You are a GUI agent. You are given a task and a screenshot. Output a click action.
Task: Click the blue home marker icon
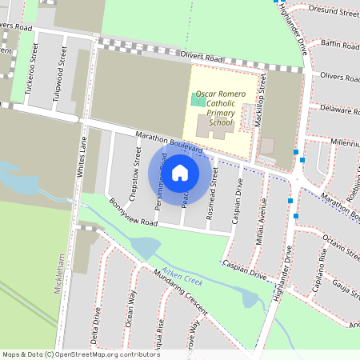pyautogui.click(x=180, y=172)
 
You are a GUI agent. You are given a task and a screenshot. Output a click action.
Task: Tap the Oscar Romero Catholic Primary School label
pyautogui.click(x=215, y=109)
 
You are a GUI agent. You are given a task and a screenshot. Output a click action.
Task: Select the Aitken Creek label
pyautogui.click(x=182, y=276)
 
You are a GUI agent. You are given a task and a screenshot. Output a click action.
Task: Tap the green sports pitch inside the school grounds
pyautogui.click(x=198, y=99)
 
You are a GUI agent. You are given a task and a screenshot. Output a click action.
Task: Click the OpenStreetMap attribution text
pyautogui.click(x=80, y=354)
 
